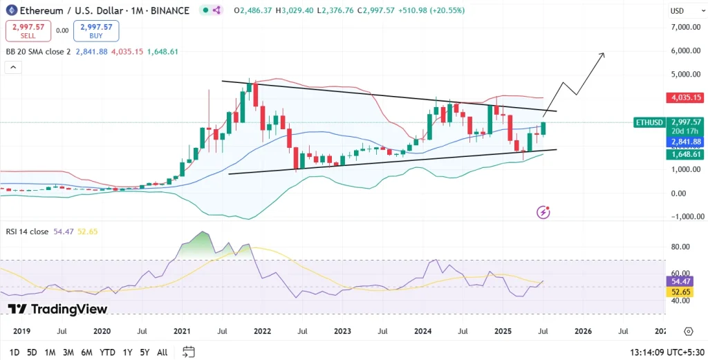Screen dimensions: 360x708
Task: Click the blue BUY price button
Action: (x=96, y=30)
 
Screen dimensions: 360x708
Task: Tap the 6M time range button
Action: (x=86, y=352)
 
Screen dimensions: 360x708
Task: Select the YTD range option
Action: (x=107, y=352)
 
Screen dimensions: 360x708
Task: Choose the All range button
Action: (x=162, y=352)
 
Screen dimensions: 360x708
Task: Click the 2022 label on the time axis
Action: (x=262, y=332)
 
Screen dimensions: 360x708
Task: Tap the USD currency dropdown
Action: (x=681, y=11)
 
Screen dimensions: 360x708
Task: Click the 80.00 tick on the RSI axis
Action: (x=680, y=247)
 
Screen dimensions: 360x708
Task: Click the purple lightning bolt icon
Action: (x=543, y=212)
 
